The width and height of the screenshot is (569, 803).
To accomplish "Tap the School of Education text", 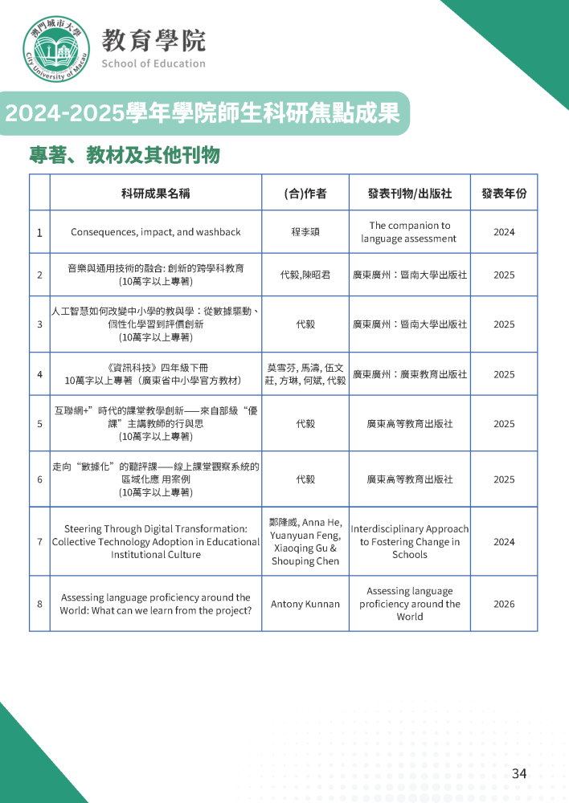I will pyautogui.click(x=153, y=63).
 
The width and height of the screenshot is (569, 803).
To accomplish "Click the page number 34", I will pyautogui.click(x=519, y=773).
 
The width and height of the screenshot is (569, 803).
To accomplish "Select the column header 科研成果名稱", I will pyautogui.click(x=155, y=194).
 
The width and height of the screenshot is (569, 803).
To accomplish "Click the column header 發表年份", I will pyautogui.click(x=504, y=194).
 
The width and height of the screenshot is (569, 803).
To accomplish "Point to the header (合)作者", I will pyautogui.click(x=305, y=194).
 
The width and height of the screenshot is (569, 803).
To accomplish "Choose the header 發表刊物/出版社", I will pyautogui.click(x=410, y=194).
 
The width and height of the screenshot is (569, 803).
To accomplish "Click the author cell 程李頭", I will pyautogui.click(x=305, y=232).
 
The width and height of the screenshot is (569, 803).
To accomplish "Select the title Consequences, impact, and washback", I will pyautogui.click(x=155, y=232).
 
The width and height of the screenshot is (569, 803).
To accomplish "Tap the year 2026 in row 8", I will pyautogui.click(x=504, y=604).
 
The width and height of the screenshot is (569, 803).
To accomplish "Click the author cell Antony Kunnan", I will pyautogui.click(x=305, y=604).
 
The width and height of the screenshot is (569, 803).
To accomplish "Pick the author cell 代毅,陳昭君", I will pyautogui.click(x=305, y=275).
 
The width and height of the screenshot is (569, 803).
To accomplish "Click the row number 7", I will pyautogui.click(x=39, y=541).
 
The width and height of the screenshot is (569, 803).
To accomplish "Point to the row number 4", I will pyautogui.click(x=39, y=374).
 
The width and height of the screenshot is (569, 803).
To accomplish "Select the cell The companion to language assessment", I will pyautogui.click(x=410, y=232).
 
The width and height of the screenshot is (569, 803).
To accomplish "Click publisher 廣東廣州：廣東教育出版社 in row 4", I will pyautogui.click(x=410, y=374).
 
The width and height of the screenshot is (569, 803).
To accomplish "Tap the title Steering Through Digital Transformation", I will pyautogui.click(x=155, y=541).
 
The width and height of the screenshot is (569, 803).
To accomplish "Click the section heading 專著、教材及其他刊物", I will pyautogui.click(x=124, y=155).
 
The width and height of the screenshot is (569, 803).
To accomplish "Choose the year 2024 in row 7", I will pyautogui.click(x=504, y=541).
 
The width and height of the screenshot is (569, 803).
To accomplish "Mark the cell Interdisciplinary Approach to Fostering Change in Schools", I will pyautogui.click(x=410, y=541).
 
